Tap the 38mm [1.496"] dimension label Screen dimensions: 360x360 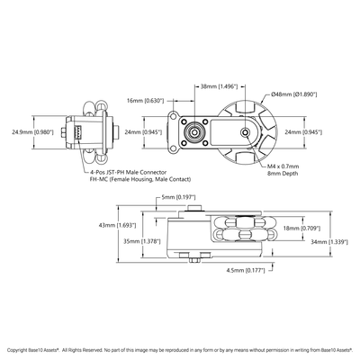point(218,86)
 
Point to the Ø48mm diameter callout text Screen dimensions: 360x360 point(297,94)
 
